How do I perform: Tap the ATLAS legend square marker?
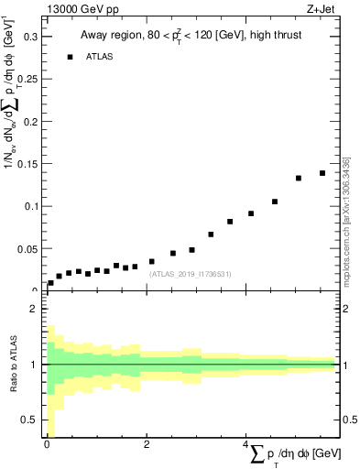(70, 57)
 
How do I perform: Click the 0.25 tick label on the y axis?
(27, 79)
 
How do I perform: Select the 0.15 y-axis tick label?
(27, 164)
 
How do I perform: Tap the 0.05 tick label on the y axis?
(27, 248)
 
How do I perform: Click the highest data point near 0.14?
(322, 173)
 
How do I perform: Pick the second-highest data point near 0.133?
(299, 178)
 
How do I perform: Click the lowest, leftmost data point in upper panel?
(50, 283)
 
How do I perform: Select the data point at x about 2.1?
(151, 261)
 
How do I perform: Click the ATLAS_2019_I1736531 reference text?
(191, 274)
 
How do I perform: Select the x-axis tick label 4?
(246, 444)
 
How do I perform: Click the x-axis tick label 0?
(47, 444)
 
